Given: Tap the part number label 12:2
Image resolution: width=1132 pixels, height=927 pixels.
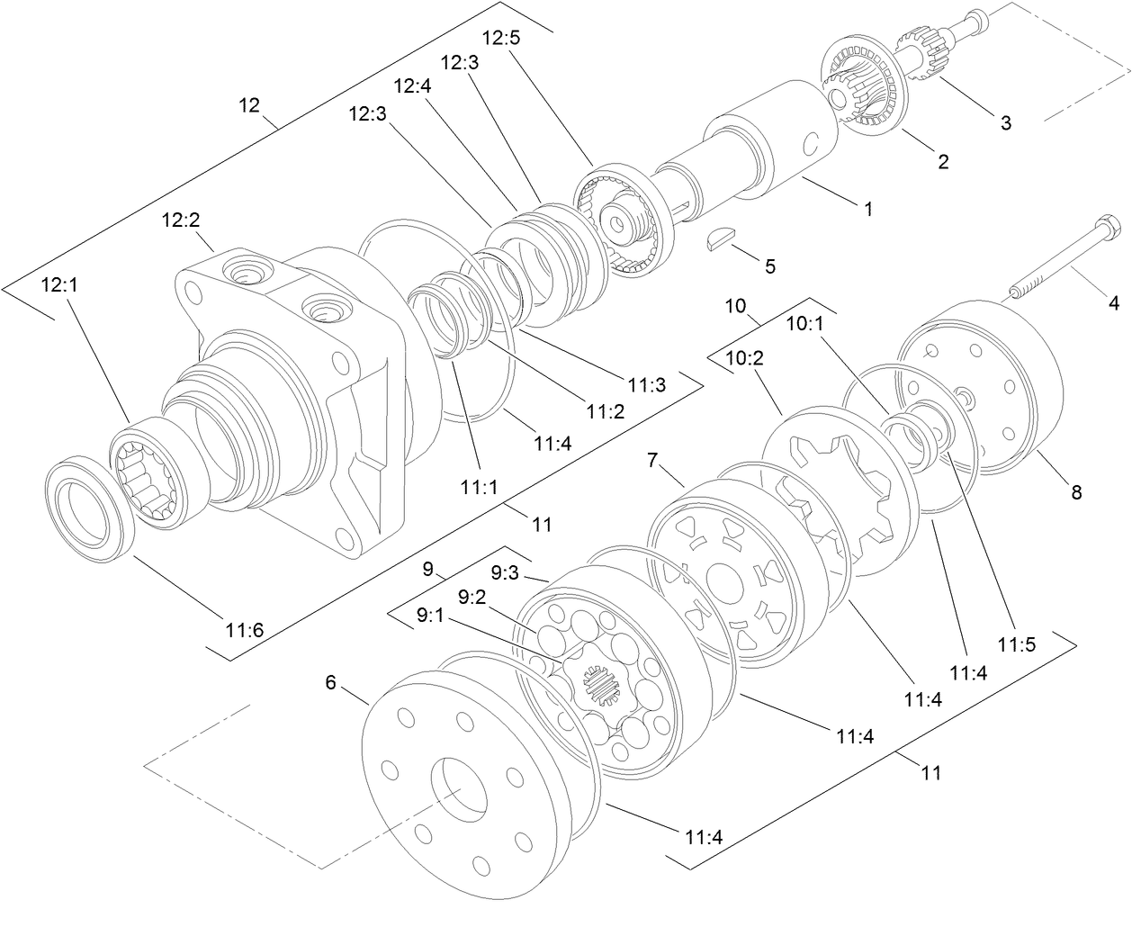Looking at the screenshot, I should (x=181, y=220).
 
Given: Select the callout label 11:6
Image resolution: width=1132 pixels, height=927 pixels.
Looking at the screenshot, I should (x=245, y=629).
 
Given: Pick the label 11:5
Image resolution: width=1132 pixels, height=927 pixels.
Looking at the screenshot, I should (x=1016, y=644).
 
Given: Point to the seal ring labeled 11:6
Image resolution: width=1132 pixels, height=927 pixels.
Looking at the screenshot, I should (x=90, y=504).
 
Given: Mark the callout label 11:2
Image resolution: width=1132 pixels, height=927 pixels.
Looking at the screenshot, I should (x=605, y=410).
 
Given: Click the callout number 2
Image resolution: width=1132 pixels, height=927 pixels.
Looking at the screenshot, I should (x=943, y=162).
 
